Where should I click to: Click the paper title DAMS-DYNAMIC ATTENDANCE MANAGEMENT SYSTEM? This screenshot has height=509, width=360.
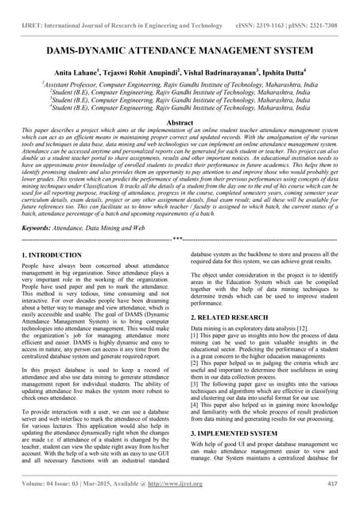click(180, 51)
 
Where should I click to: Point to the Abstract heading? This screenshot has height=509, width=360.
click(180, 124)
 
